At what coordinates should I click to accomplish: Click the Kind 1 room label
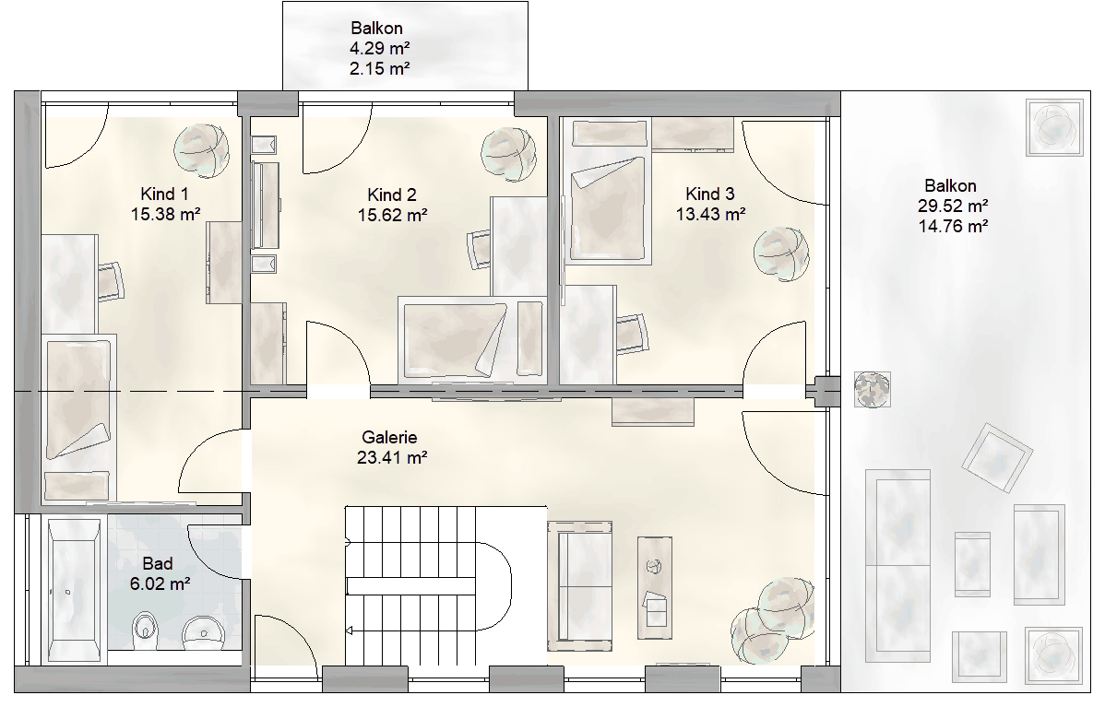[164, 194]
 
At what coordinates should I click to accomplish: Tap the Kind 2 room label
[392, 194]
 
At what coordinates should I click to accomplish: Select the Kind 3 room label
[710, 194]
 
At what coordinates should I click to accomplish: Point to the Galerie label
[390, 437]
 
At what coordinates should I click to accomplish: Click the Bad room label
[157, 563]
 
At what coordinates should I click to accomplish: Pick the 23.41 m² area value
[392, 458]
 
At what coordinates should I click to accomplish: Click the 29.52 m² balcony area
[953, 206]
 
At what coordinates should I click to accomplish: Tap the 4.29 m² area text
[380, 49]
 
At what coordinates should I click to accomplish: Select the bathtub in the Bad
[73, 590]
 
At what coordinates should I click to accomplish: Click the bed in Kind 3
[608, 210]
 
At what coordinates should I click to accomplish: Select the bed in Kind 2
[455, 338]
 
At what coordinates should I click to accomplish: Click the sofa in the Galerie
[579, 582]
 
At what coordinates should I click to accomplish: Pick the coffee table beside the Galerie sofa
[655, 587]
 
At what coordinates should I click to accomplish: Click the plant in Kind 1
[202, 149]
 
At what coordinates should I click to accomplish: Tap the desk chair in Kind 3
[633, 333]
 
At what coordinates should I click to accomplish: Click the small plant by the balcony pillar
[872, 389]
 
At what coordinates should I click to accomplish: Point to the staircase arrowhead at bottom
[348, 630]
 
